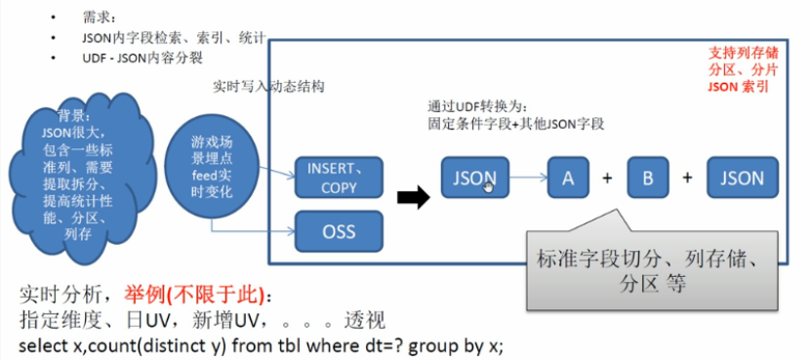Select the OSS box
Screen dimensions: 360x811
pos(339,232)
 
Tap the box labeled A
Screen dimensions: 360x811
pos(567,178)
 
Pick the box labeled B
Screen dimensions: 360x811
pos(647,178)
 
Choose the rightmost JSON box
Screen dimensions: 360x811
pos(743,178)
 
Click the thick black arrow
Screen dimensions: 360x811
pos(415,199)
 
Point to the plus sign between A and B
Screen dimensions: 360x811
pos(607,179)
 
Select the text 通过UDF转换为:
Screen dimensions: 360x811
pos(477,106)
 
